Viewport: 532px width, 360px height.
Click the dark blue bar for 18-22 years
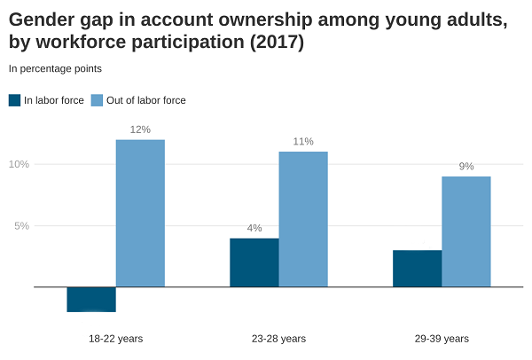pyautogui.click(x=91, y=300)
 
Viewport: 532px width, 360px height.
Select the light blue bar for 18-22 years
pyautogui.click(x=140, y=213)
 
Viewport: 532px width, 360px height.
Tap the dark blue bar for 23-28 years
pyautogui.click(x=254, y=262)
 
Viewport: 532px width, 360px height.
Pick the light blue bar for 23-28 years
pyautogui.click(x=303, y=219)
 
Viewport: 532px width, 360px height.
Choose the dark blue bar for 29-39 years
pyautogui.click(x=417, y=269)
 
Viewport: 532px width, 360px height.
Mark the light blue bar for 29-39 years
pyautogui.click(x=466, y=231)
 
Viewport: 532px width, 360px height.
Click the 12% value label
pyautogui.click(x=140, y=129)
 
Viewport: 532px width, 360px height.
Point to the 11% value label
pyautogui.click(x=303, y=142)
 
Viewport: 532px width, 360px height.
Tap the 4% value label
pyautogui.click(x=254, y=228)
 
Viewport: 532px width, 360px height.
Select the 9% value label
pyautogui.click(x=466, y=167)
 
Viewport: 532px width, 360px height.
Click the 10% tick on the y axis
pyautogui.click(x=19, y=164)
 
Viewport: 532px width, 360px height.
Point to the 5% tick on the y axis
pyautogui.click(x=21, y=226)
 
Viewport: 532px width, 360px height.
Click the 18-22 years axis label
pyautogui.click(x=115, y=339)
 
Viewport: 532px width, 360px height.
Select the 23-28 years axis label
pyautogui.click(x=278, y=339)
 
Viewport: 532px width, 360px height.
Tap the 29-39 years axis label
pyautogui.click(x=442, y=339)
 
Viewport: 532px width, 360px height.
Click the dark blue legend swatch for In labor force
pyautogui.click(x=14, y=100)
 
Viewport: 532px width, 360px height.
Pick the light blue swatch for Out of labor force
pyautogui.click(x=97, y=100)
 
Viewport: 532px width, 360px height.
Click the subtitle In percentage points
pyautogui.click(x=55, y=68)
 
